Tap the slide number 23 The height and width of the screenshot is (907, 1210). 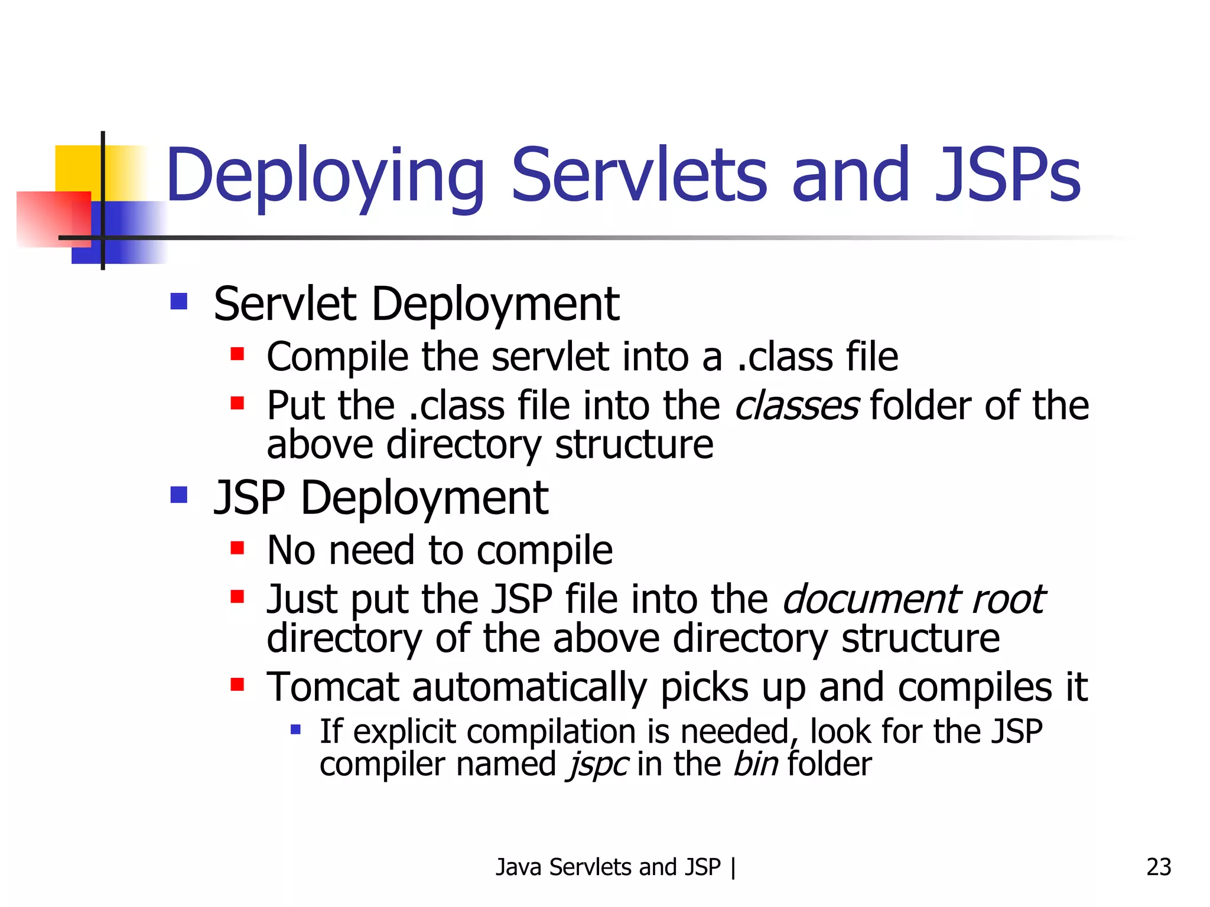(x=1159, y=867)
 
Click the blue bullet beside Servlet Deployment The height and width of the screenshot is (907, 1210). (x=178, y=302)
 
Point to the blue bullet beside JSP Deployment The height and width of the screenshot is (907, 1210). (x=178, y=494)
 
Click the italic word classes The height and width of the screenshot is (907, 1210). (x=796, y=406)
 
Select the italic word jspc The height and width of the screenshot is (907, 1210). (x=597, y=764)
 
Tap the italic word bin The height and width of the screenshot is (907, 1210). (x=756, y=764)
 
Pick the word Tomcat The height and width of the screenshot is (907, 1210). (x=333, y=687)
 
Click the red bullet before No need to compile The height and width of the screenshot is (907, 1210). (x=238, y=549)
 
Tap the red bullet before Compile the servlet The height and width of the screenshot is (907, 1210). (x=238, y=354)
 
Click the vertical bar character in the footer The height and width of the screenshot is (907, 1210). (x=733, y=867)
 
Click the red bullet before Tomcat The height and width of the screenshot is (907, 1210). (x=238, y=685)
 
